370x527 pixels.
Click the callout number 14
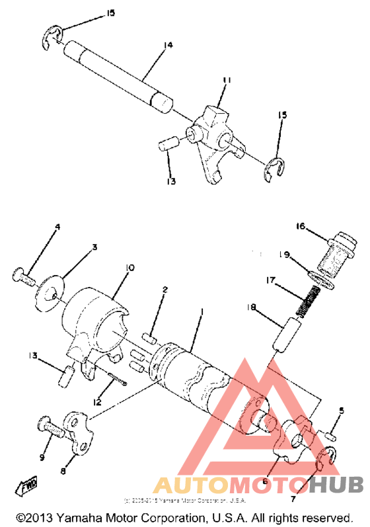tap(168, 45)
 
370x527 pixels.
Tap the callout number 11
tap(227, 81)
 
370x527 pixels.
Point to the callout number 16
tap(301, 227)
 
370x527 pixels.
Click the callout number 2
tap(165, 290)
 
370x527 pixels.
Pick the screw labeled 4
tap(24, 275)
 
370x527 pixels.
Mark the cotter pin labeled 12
tap(118, 383)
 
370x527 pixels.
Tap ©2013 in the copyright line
tap(34, 517)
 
